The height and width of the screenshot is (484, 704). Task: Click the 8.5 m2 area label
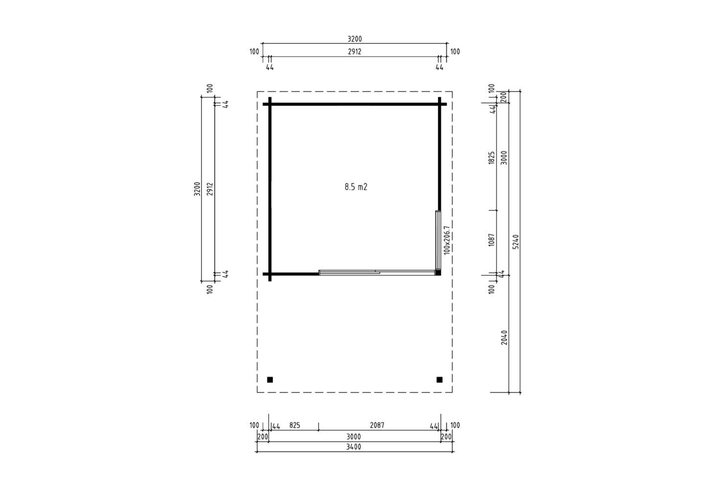click(356, 187)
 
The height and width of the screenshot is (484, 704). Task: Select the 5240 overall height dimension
click(516, 242)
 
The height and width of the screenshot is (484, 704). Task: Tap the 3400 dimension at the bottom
click(353, 447)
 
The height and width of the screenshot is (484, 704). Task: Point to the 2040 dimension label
click(504, 337)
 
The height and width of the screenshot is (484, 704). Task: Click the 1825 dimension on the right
click(492, 157)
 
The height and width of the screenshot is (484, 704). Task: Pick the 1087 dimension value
click(492, 240)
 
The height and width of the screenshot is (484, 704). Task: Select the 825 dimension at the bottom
click(295, 425)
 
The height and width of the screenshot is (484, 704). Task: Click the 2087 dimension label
click(377, 425)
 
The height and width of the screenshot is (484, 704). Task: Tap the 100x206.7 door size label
click(447, 240)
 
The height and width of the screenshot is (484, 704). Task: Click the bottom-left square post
click(270, 380)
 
